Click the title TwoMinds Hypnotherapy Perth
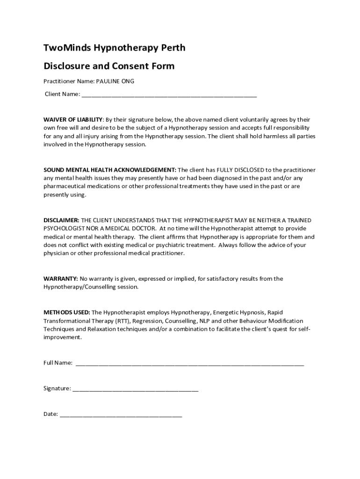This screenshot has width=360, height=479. coord(114,48)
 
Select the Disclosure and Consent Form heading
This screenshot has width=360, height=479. coord(109,66)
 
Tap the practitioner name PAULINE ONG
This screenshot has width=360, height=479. coord(115,81)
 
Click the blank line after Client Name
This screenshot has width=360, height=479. coord(169,94)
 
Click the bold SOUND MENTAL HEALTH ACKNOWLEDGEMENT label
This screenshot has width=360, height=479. coord(110,170)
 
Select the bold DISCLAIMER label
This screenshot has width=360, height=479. coord(61,220)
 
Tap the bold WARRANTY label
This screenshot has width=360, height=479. coord(61,279)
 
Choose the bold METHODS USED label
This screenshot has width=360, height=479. coord(67,312)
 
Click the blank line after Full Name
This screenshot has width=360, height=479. coord(189,363)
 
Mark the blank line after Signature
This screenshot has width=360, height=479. coord(135,388)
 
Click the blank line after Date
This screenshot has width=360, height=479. coord(121,414)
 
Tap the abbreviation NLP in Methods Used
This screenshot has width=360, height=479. coord(205,321)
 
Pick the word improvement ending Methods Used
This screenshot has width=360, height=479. coord(63,338)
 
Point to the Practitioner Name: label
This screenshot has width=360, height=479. coord(69,81)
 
